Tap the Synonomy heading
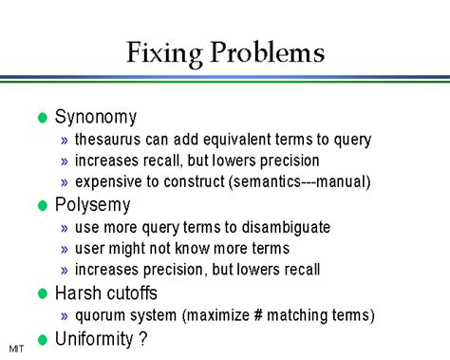(x=96, y=118)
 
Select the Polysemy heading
(x=93, y=205)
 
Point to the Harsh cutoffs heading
(x=105, y=294)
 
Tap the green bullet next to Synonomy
(x=41, y=119)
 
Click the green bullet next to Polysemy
(x=41, y=206)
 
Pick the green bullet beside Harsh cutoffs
(x=41, y=294)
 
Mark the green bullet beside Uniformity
(x=41, y=338)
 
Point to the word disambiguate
(x=287, y=228)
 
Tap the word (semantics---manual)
(x=294, y=182)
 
